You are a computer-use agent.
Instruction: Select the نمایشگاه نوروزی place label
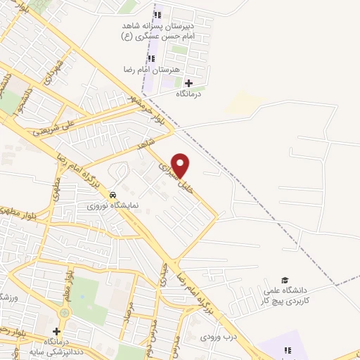pyautogui.click(x=112, y=206)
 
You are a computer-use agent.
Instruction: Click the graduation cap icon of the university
pyautogui.click(x=285, y=280)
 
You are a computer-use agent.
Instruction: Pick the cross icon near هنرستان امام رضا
pyautogui.click(x=188, y=83)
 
